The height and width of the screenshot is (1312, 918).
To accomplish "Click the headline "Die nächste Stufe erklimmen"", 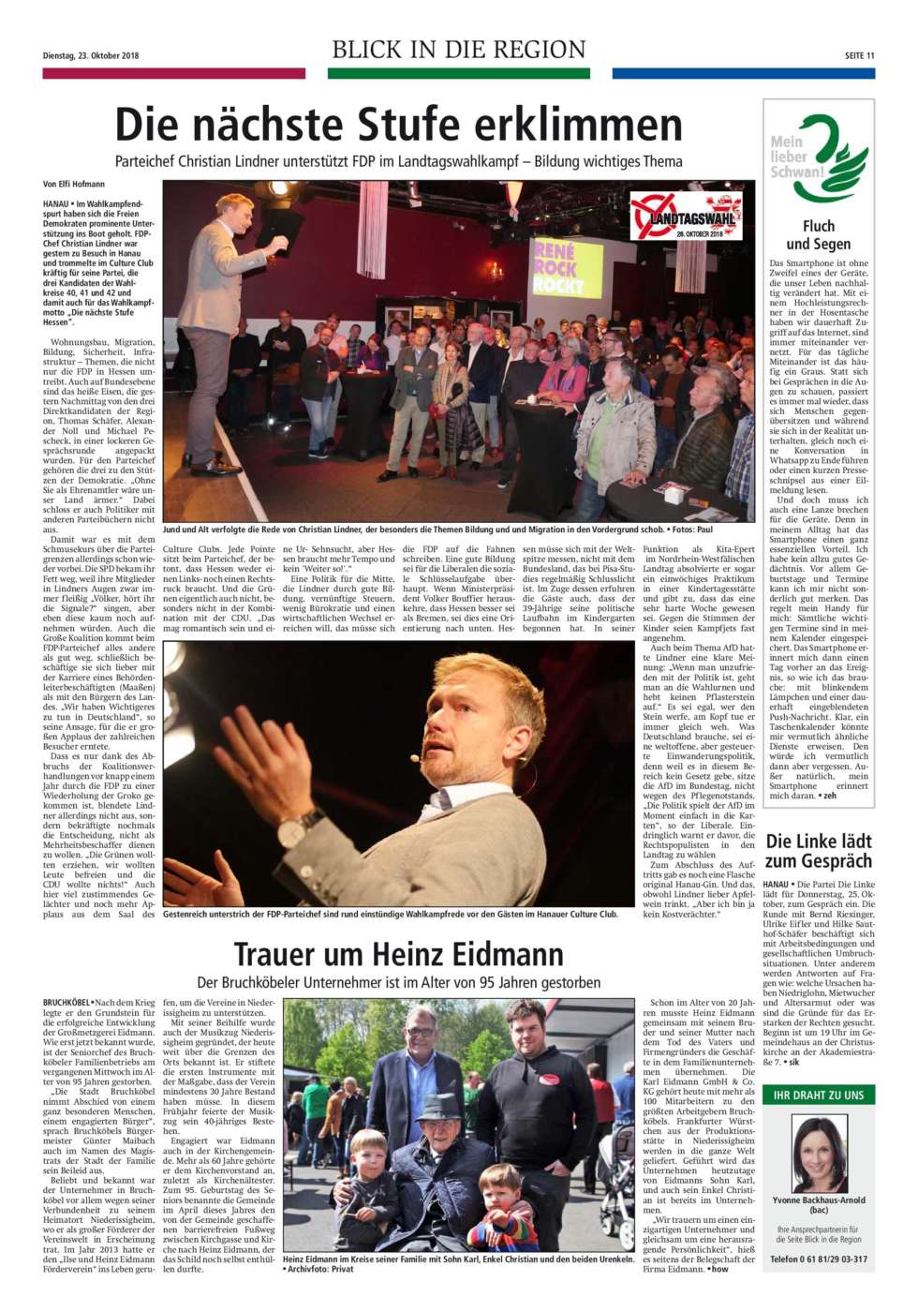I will tap(398, 125).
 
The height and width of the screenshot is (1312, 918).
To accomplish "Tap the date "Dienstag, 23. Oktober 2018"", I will tap(91, 55).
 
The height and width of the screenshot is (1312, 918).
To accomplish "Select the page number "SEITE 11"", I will tap(858, 55).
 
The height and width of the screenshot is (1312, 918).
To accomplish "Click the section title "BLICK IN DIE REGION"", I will tap(458, 50).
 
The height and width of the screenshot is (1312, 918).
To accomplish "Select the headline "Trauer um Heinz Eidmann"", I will tap(398, 954).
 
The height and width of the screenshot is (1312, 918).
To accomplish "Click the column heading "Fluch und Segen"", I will tap(818, 234).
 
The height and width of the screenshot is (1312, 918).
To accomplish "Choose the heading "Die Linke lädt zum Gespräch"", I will tap(818, 851).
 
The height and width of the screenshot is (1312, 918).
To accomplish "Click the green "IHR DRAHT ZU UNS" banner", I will tap(818, 1095).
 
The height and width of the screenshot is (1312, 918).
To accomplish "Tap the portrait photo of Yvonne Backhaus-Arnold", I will tap(818, 1154).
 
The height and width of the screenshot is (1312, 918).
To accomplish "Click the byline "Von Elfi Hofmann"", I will tap(74, 185).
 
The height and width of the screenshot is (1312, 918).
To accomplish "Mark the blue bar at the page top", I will tap(743, 73).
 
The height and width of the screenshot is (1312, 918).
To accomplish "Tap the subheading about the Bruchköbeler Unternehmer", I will tap(398, 983).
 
